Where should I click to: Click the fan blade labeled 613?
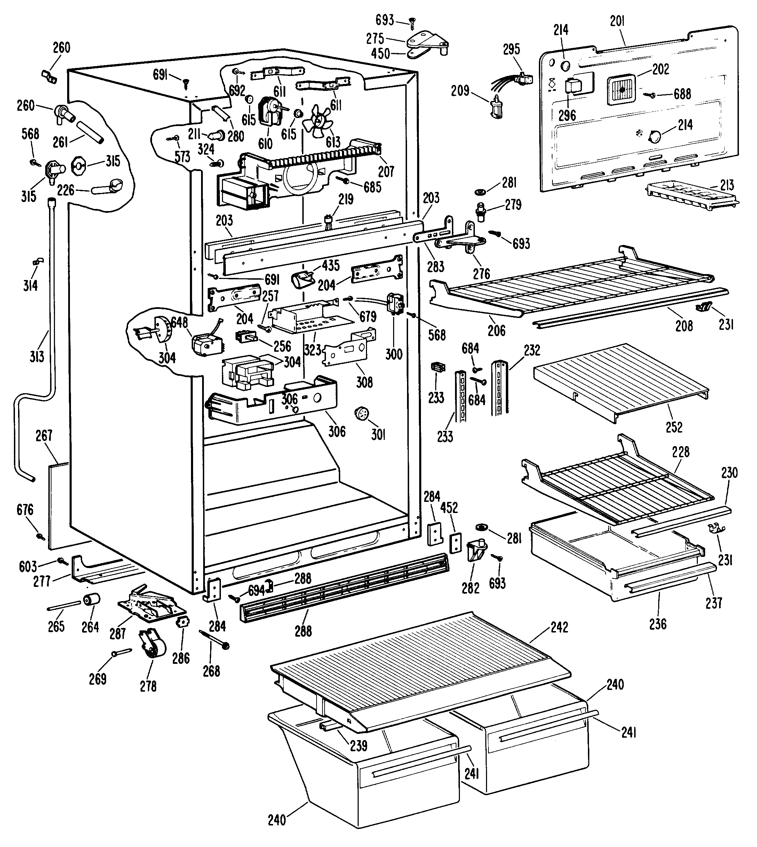click(318, 121)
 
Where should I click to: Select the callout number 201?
click(617, 21)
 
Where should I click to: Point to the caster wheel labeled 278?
click(152, 646)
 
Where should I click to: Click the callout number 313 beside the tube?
click(37, 356)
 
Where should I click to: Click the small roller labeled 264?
click(92, 600)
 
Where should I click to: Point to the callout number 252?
click(674, 427)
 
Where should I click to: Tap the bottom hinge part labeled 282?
click(476, 551)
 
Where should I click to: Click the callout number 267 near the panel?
click(44, 436)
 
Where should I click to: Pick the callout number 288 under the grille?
click(303, 631)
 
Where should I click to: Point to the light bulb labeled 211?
click(217, 134)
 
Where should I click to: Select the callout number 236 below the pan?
click(658, 624)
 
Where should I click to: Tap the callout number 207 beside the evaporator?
click(386, 171)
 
